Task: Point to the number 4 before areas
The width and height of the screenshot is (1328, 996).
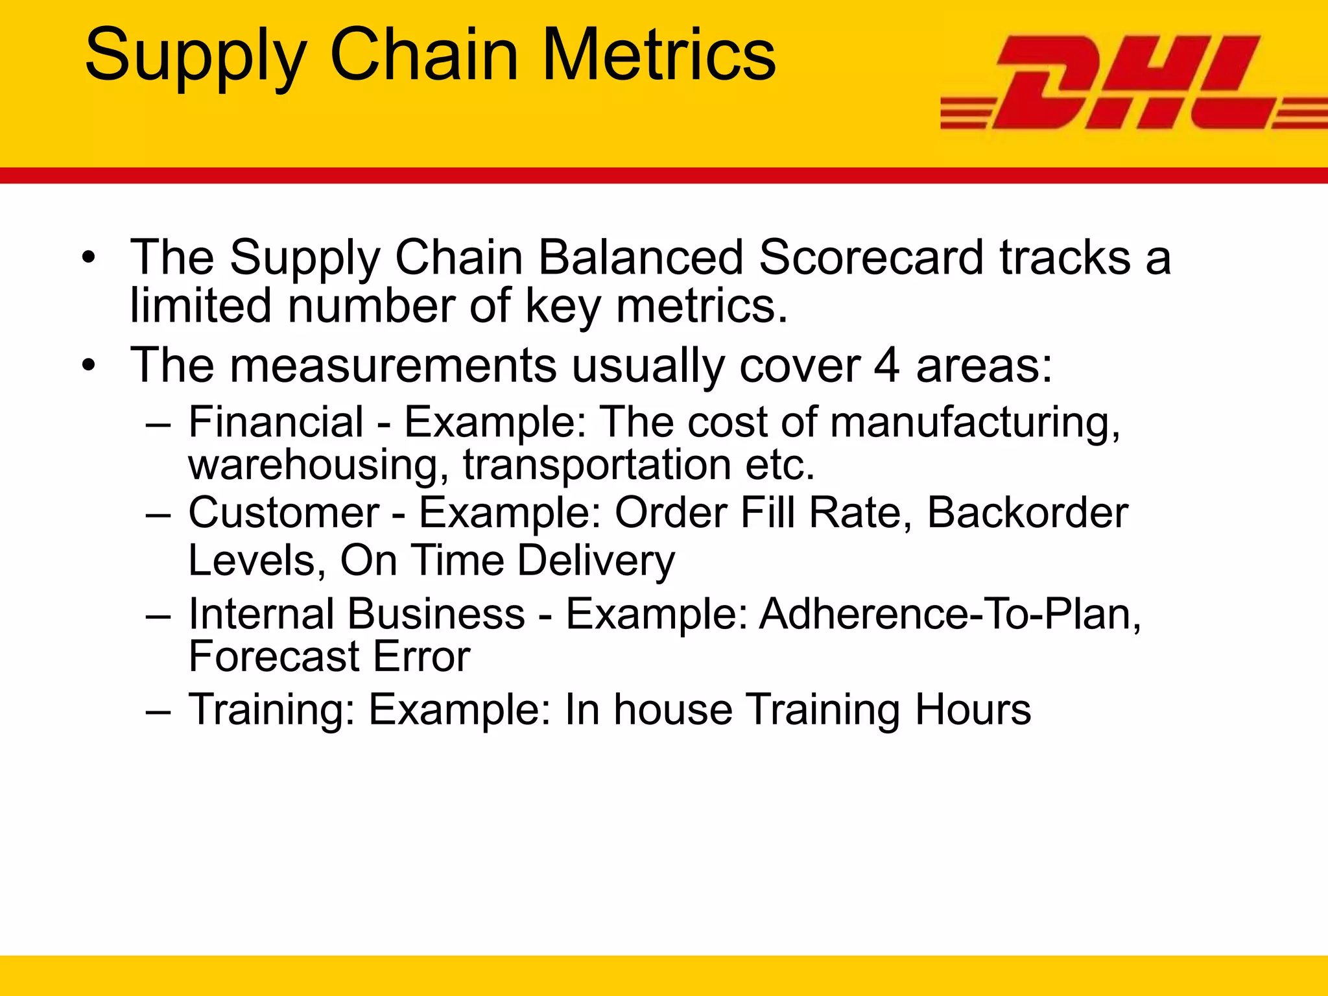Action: pos(886,366)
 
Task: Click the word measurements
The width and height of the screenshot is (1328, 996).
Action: pos(393,366)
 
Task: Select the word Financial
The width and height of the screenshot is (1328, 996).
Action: pos(276,422)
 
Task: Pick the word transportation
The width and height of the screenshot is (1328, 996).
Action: pos(597,466)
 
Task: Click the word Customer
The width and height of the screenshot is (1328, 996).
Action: pos(284,513)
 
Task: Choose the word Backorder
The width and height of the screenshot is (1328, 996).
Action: pos(1027,513)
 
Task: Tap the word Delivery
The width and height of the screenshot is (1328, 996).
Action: pos(596,561)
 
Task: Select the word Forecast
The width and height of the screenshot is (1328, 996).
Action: pos(273,657)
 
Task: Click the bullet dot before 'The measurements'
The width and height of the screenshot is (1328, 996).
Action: pos(89,366)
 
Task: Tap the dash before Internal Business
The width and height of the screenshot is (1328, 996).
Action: pos(159,615)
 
